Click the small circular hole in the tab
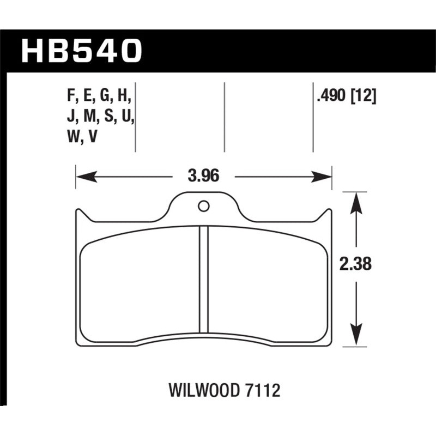click(204, 206)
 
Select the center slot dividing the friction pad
click(204, 278)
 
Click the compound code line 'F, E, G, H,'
click(99, 96)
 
